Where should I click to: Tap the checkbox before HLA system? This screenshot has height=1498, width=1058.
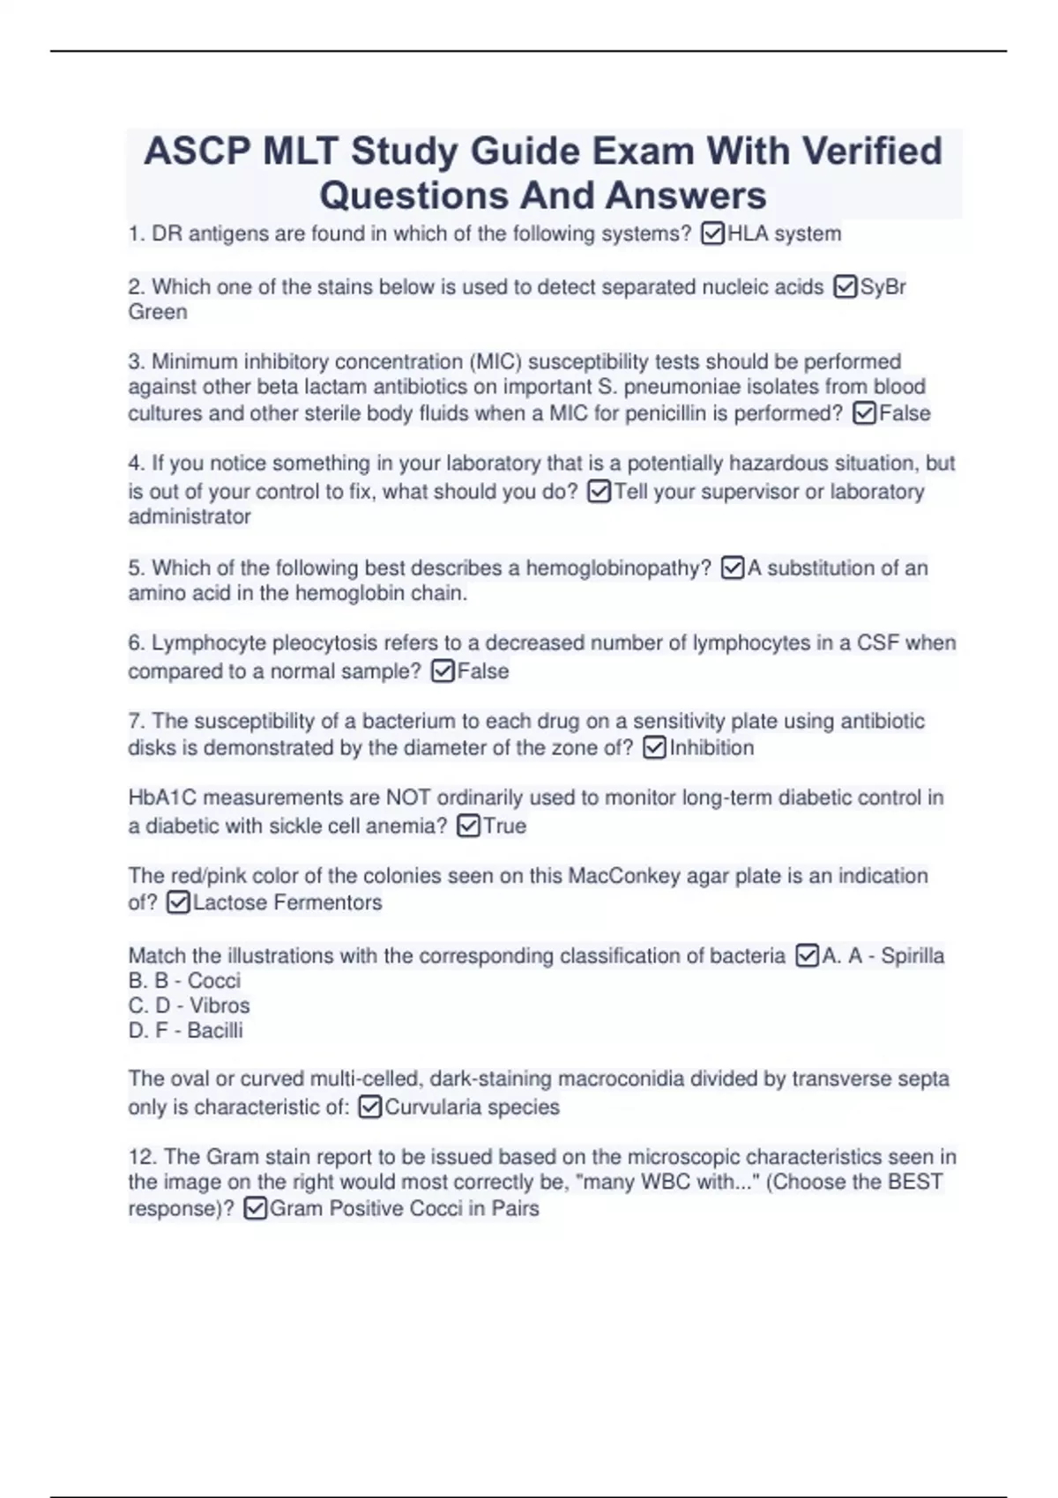(712, 234)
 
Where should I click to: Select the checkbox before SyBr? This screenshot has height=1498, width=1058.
(845, 287)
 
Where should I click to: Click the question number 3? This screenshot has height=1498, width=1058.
(136, 361)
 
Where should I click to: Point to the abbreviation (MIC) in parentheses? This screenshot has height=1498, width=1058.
(495, 361)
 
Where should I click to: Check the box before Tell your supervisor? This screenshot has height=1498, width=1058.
(599, 492)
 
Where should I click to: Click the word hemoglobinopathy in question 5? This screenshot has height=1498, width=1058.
(618, 568)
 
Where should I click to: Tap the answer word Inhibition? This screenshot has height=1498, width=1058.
(712, 748)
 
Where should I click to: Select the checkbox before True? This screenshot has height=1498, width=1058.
(469, 827)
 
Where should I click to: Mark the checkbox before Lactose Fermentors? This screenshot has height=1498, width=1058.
(178, 903)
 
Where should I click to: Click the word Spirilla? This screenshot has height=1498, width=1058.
(913, 956)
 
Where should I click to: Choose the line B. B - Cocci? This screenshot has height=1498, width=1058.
(184, 981)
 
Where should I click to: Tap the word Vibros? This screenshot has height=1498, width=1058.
(220, 1005)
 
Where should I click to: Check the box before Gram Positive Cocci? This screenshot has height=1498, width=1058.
(255, 1209)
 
